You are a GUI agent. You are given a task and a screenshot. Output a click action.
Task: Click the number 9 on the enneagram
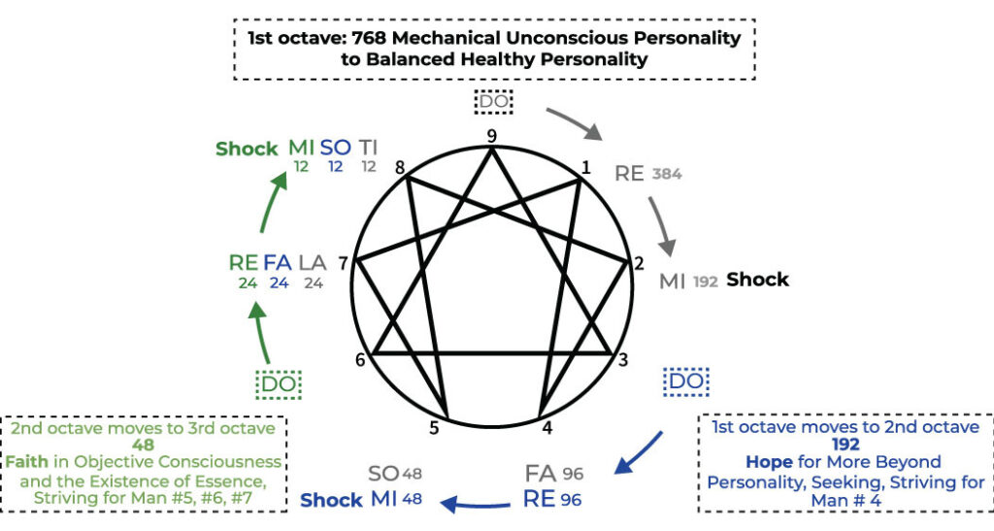492,136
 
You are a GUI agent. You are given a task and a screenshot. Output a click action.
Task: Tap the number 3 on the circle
623,359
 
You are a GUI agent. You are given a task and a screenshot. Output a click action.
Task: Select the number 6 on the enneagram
360,359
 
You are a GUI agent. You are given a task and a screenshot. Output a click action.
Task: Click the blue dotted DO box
685,382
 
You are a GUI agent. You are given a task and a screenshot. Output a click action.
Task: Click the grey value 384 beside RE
667,176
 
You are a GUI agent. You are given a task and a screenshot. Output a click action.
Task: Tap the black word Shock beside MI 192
757,280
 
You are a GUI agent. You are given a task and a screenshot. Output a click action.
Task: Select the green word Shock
247,149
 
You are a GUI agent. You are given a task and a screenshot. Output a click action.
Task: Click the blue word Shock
331,501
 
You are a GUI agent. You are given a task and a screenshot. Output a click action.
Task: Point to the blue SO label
336,149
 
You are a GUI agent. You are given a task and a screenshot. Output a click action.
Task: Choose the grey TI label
368,149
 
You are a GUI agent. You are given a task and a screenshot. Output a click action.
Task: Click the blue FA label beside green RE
278,261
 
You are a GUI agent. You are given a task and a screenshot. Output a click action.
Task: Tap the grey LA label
313,261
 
